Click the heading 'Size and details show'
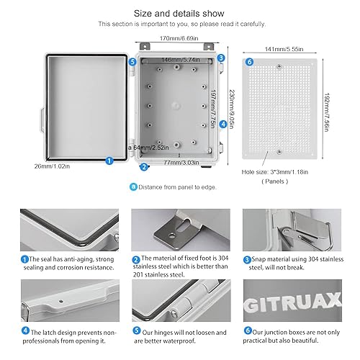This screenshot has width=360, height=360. tap(179, 13)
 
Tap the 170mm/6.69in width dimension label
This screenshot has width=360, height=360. tap(179, 38)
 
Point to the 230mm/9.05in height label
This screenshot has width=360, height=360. tap(230, 108)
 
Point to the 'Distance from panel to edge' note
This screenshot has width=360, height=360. tap(176, 187)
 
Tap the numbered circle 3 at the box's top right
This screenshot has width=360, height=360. tap(220, 58)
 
